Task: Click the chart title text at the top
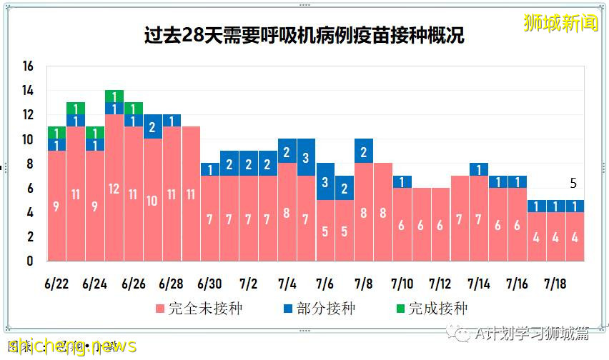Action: (304, 35)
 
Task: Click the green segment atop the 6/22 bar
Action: (56, 132)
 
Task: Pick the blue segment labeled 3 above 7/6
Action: (325, 181)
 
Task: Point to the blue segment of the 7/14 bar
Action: (479, 169)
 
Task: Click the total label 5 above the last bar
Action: (573, 184)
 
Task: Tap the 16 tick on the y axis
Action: (28, 66)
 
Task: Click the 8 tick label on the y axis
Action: (30, 164)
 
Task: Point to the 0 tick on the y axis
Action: (30, 261)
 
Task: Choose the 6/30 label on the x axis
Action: (210, 284)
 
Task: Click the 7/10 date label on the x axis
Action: (402, 284)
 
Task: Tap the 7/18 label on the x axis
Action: (555, 284)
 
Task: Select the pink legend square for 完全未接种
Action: (160, 309)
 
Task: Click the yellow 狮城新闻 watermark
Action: (560, 23)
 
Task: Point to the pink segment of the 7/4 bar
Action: (287, 212)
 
